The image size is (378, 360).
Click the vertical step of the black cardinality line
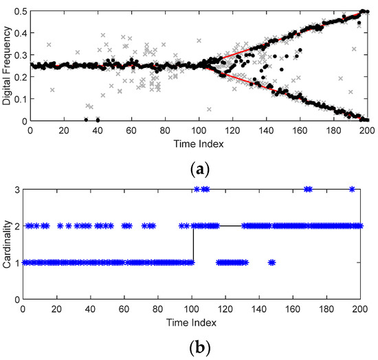pyautogui.click(x=193, y=243)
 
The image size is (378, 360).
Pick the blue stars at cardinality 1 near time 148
pyautogui.click(x=271, y=262)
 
